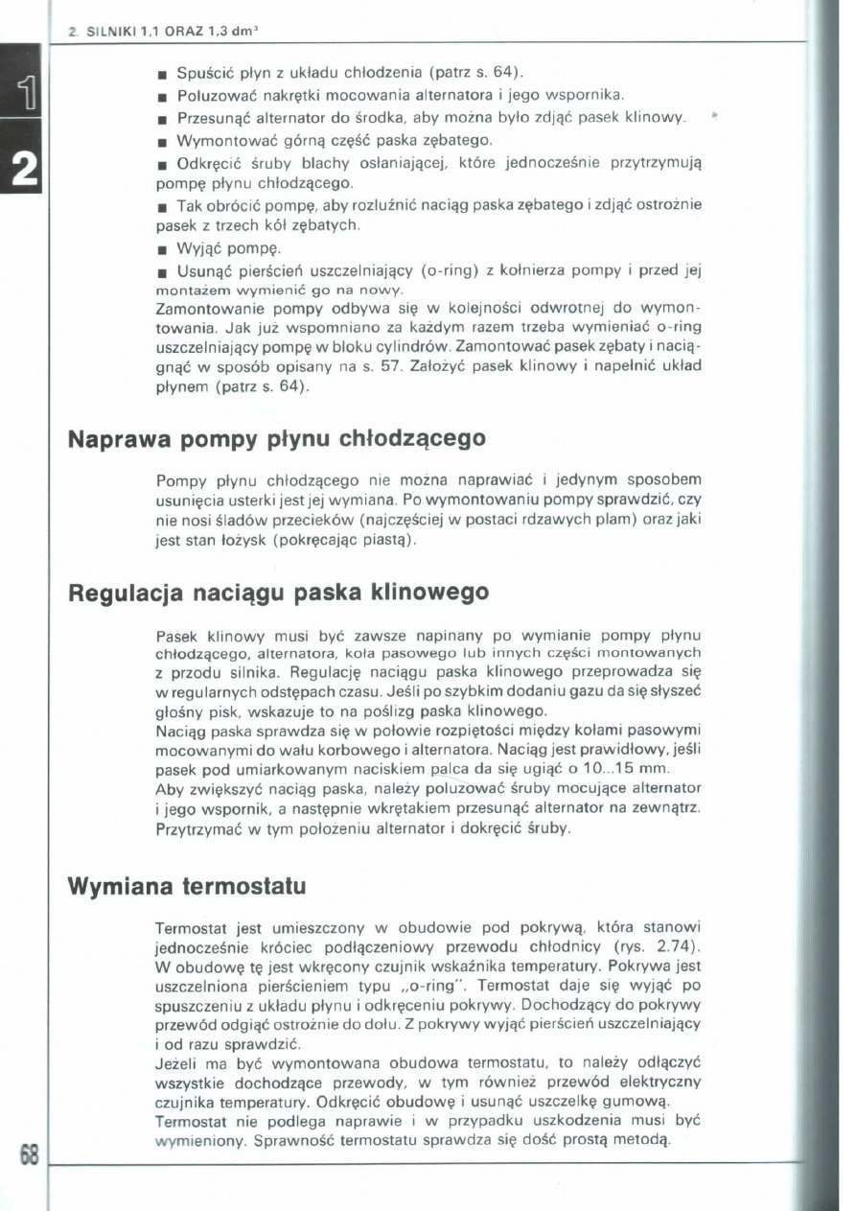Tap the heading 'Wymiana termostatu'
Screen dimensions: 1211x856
coord(188,886)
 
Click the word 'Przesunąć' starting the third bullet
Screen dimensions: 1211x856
coord(210,117)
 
